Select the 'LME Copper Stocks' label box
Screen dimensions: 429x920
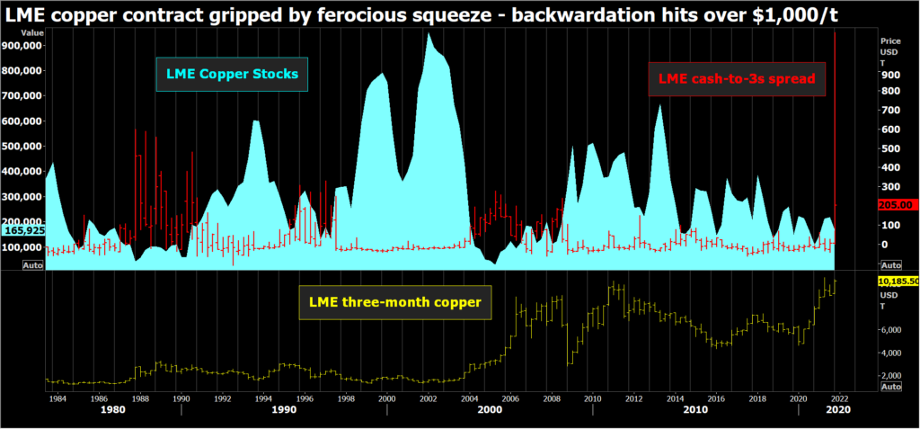(232, 74)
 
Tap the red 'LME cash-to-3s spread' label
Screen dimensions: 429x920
(736, 79)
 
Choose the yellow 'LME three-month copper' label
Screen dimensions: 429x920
(394, 302)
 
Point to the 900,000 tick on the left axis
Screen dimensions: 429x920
(25, 45)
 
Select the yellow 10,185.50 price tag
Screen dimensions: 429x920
(897, 282)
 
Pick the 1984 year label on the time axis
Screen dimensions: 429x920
(57, 397)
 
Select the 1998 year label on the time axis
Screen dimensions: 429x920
(344, 397)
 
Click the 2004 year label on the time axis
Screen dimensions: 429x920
(467, 397)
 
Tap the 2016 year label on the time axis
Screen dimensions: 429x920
(715, 397)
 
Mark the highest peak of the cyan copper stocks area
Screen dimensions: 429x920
(429, 33)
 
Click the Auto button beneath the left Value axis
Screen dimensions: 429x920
(33, 265)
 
